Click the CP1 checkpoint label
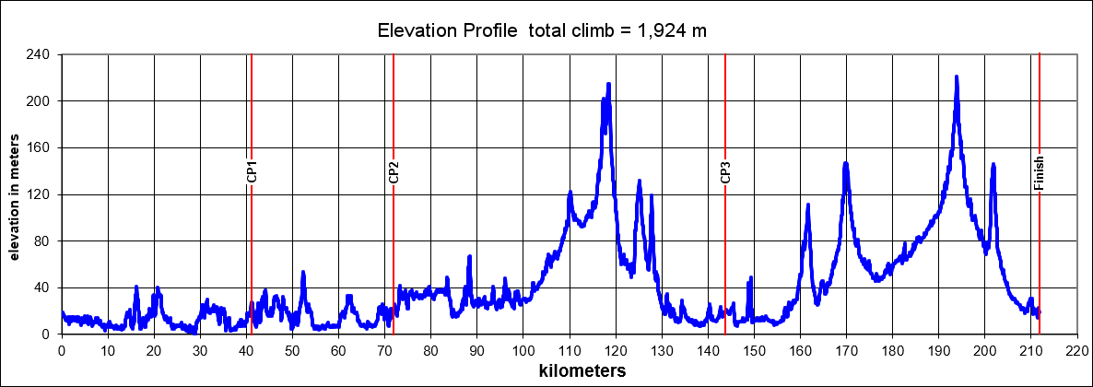pos(252,172)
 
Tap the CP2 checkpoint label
pos(394,172)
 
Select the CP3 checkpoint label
pos(725,172)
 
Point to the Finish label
pos(1039,172)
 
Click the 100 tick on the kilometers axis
pos(523,351)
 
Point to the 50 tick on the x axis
pos(292,351)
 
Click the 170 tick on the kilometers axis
pos(846,351)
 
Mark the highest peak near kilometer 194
pos(957,77)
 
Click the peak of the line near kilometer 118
pos(608,85)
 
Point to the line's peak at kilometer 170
pos(845,164)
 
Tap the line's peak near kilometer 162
pos(808,205)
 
